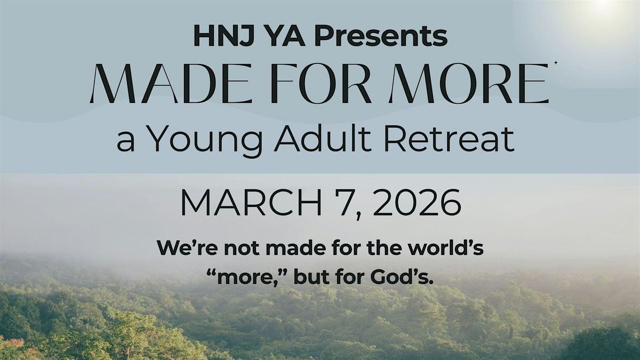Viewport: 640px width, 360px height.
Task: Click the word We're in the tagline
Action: (x=180, y=249)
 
